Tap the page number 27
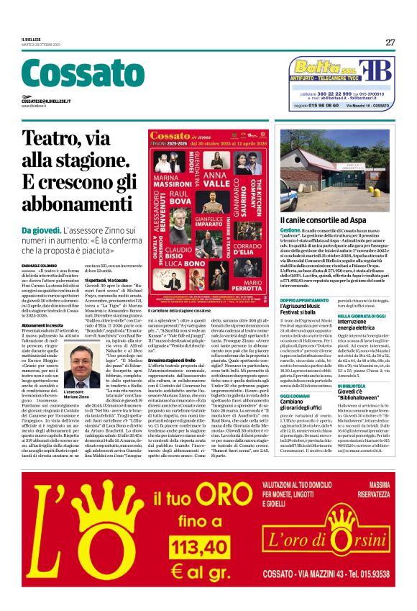pyautogui.click(x=389, y=42)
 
